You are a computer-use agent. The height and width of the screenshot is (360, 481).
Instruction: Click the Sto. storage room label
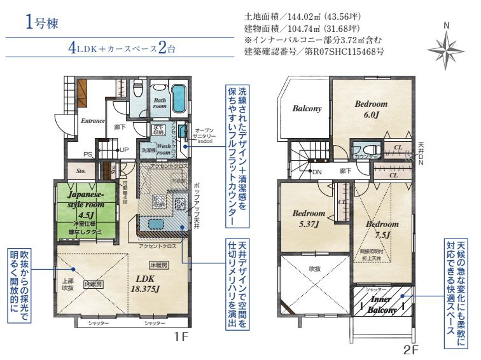tap(81, 170)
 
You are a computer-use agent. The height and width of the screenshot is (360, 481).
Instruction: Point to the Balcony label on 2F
tap(307, 109)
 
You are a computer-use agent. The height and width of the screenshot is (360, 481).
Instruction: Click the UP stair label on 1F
tap(123, 150)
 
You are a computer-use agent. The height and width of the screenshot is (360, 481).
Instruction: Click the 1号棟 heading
tap(43, 24)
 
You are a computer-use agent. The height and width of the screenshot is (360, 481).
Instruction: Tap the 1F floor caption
tap(180, 338)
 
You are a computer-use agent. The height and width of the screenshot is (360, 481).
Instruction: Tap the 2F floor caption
tap(410, 349)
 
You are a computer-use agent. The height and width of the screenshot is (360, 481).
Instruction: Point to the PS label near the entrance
tap(88, 153)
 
